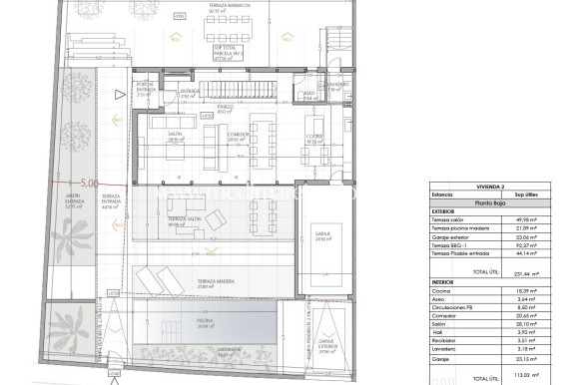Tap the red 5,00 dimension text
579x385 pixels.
[89, 183]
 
